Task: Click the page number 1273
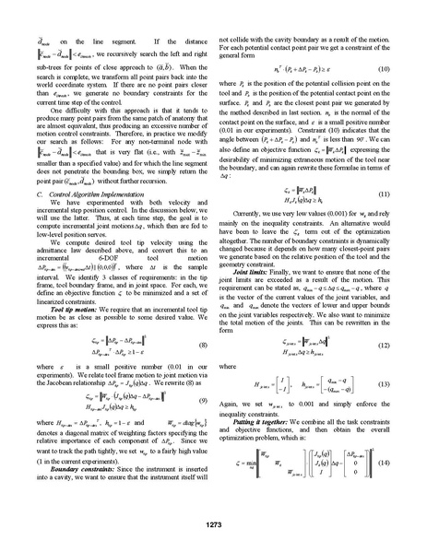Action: coord(213,524)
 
